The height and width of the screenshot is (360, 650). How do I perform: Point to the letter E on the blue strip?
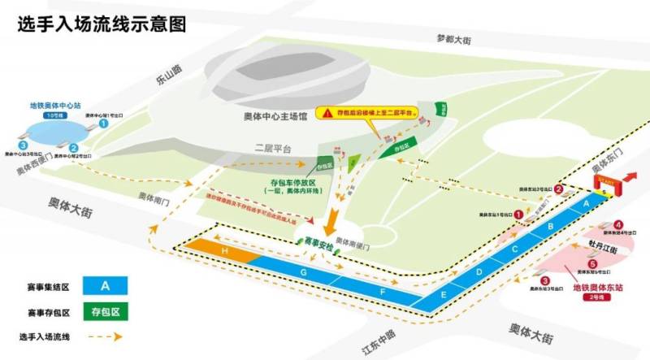pos(444,295)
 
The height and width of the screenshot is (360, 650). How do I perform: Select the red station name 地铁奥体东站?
pos(600,288)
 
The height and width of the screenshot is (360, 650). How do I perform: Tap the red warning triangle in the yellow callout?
pos(327,113)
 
